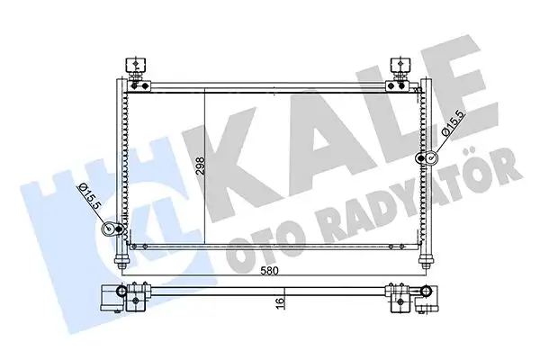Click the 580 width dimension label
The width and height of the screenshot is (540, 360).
[270, 271]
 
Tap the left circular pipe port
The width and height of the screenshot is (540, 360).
[112, 229]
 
